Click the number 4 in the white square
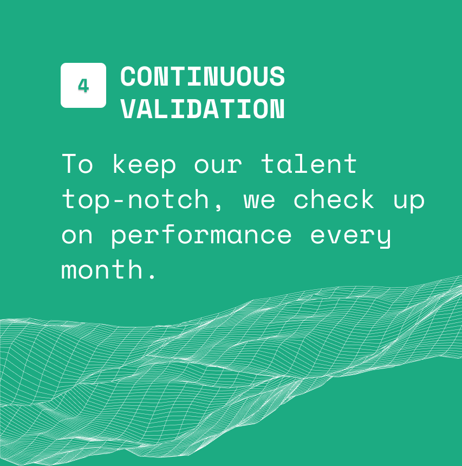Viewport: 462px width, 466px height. point(83,86)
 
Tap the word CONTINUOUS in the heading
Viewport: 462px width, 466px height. point(203,76)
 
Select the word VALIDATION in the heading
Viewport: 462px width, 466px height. point(203,109)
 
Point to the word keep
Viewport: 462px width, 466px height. point(145,165)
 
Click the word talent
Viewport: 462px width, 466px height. point(309,163)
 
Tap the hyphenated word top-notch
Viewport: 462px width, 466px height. point(135,200)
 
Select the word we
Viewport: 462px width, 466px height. point(259,200)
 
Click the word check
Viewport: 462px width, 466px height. point(334,198)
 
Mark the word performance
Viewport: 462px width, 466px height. point(201,235)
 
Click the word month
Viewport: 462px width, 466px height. point(102,269)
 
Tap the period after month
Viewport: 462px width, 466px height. point(152,276)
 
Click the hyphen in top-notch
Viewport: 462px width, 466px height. point(119,201)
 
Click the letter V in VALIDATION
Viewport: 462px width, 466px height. point(128,109)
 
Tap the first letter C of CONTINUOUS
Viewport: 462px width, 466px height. point(128,76)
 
